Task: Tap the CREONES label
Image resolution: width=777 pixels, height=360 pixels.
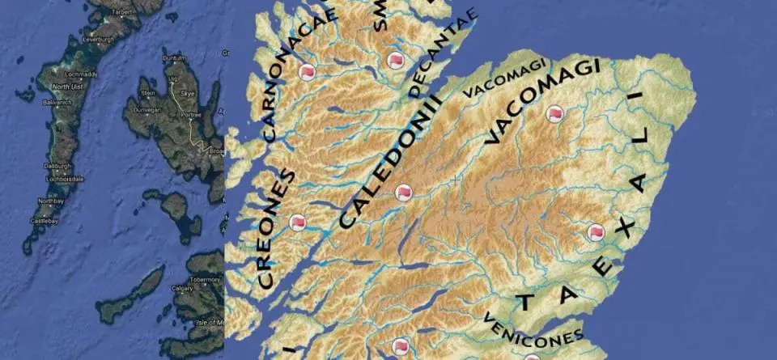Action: pos(278,230)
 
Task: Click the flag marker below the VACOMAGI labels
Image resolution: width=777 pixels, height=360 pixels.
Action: pos(554,114)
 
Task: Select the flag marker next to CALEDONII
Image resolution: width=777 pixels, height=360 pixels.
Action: pos(404,193)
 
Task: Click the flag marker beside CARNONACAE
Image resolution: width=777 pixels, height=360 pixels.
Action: pos(308,72)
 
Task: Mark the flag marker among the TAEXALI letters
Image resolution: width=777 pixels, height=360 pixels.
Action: pos(597,233)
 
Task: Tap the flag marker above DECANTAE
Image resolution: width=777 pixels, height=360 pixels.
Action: pos(396,60)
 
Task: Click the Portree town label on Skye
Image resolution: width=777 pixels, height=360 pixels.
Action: pos(190,114)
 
